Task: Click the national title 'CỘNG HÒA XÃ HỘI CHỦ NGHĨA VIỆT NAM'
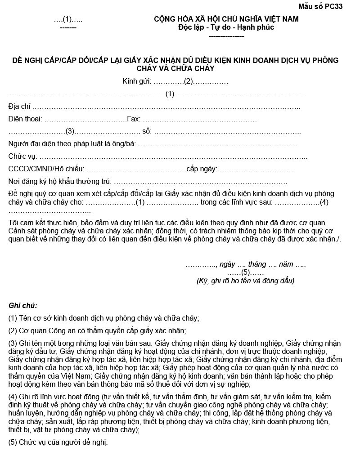(x=226, y=19)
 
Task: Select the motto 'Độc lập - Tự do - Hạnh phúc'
(x=226, y=27)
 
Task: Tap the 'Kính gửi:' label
(x=137, y=82)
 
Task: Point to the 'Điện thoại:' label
(x=25, y=119)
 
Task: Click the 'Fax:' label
(x=134, y=119)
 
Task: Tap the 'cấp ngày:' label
(x=202, y=169)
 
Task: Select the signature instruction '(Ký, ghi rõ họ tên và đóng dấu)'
(x=245, y=281)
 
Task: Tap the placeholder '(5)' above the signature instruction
(x=245, y=272)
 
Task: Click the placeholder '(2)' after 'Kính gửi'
(x=188, y=82)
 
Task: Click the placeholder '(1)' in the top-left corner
(x=67, y=19)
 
